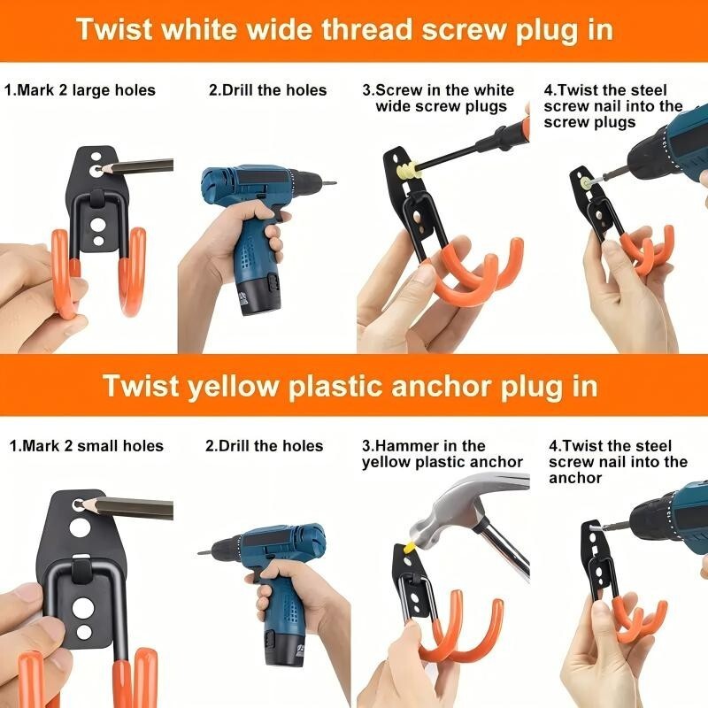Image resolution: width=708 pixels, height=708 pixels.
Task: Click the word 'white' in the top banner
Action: pyautogui.click(x=198, y=30)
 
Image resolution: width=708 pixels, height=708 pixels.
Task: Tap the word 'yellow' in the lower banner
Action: pyautogui.click(x=233, y=387)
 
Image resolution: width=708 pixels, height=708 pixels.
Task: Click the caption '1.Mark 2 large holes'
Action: pyautogui.click(x=80, y=90)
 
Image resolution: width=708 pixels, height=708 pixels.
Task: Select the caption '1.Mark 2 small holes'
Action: pyautogui.click(x=86, y=446)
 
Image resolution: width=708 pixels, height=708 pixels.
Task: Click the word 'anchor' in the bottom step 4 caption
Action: pyautogui.click(x=575, y=478)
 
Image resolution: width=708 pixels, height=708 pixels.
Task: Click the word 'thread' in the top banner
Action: pyautogui.click(x=367, y=30)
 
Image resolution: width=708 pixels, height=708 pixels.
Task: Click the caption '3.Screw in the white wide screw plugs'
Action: pyautogui.click(x=438, y=98)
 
